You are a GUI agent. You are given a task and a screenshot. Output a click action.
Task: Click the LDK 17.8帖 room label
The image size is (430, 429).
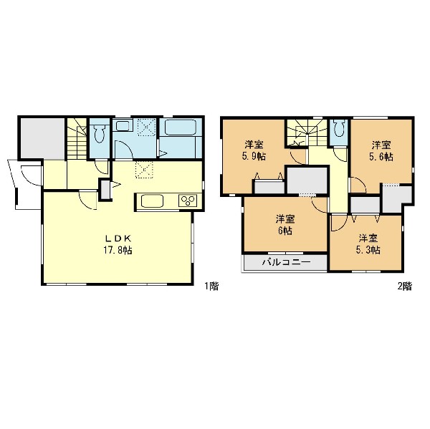(x=118, y=244)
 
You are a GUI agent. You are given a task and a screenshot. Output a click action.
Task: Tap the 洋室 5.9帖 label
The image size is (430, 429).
(x=254, y=150)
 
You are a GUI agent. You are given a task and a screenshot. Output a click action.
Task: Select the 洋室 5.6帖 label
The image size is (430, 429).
(x=381, y=150)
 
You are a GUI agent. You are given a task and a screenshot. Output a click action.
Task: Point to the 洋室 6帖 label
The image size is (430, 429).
(x=285, y=225)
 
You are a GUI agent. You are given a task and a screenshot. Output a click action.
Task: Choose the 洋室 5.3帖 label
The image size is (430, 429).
(x=368, y=244)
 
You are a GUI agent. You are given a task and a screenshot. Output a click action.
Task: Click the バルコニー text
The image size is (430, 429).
(x=287, y=262)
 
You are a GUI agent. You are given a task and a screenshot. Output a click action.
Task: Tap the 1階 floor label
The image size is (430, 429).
(x=211, y=286)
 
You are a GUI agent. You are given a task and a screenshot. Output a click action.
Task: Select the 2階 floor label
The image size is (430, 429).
(x=405, y=286)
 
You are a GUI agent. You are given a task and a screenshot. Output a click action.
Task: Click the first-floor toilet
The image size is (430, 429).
(x=100, y=133)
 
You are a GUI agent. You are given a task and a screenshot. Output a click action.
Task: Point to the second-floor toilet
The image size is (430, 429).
(x=339, y=129)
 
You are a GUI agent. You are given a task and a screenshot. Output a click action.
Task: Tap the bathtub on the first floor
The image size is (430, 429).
(x=181, y=127)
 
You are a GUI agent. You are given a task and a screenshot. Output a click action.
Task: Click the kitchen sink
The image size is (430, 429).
(x=152, y=201)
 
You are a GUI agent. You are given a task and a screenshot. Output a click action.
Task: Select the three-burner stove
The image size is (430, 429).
(x=188, y=201)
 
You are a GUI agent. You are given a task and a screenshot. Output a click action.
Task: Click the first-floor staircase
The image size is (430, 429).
(x=77, y=139)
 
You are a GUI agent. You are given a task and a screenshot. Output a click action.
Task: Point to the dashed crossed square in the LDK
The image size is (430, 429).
(x=144, y=170)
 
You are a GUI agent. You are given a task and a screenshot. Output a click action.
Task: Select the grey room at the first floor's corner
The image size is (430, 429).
(x=43, y=139)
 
